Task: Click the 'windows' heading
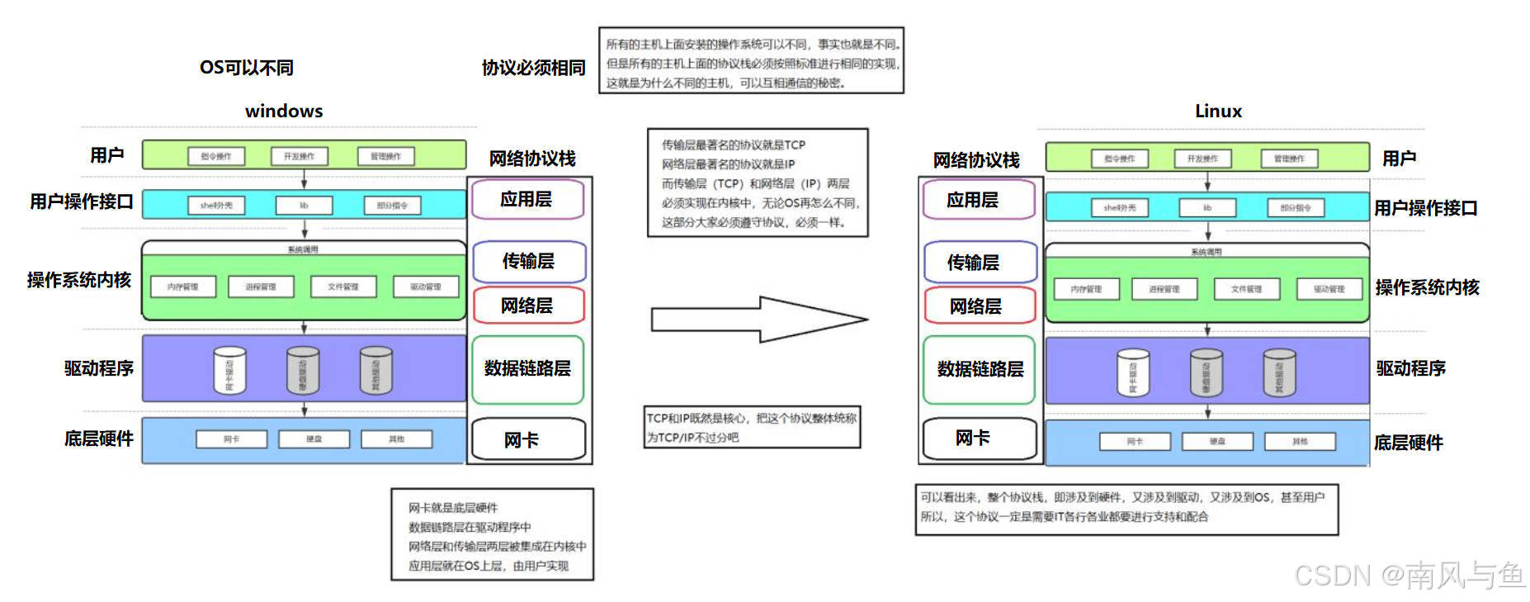pyautogui.click(x=284, y=111)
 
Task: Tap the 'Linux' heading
pyautogui.click(x=1218, y=111)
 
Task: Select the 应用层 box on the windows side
pyautogui.click(x=527, y=199)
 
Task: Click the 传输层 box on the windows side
pyautogui.click(x=529, y=261)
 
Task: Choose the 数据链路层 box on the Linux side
pyautogui.click(x=980, y=369)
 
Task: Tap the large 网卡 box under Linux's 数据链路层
pyautogui.click(x=979, y=438)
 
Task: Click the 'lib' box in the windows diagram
pyautogui.click(x=304, y=205)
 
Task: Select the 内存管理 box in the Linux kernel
pyautogui.click(x=1086, y=289)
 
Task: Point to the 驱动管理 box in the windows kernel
pyautogui.click(x=426, y=287)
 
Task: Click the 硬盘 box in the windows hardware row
pyautogui.click(x=314, y=438)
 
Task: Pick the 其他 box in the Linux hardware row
pyautogui.click(x=1300, y=442)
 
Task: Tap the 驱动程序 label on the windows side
pyautogui.click(x=99, y=368)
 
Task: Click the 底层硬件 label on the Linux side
pyautogui.click(x=1408, y=443)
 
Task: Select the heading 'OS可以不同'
pyautogui.click(x=247, y=68)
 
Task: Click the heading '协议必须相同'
pyautogui.click(x=533, y=68)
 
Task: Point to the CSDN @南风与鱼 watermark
pyautogui.click(x=1410, y=575)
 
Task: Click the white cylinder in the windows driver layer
pyautogui.click(x=229, y=370)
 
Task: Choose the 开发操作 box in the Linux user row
pyautogui.click(x=1202, y=159)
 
